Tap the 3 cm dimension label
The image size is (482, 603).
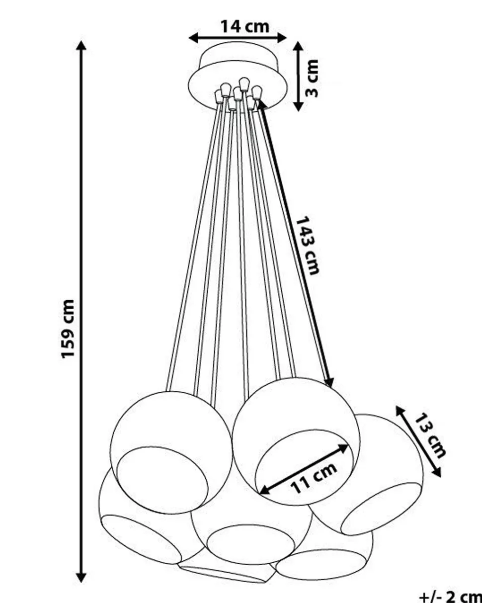coord(312,78)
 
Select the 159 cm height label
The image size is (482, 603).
coord(68,329)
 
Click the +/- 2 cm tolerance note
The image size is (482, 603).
coord(450,596)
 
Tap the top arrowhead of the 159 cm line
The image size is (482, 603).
coord(81,46)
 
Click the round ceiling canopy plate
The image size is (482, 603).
coord(238,75)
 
